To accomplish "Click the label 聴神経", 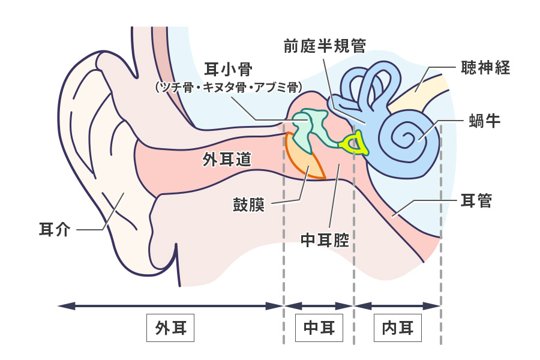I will pyautogui.click(x=485, y=67).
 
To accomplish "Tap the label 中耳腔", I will pyautogui.click(x=325, y=240).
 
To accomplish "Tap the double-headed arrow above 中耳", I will pyautogui.click(x=319, y=305).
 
